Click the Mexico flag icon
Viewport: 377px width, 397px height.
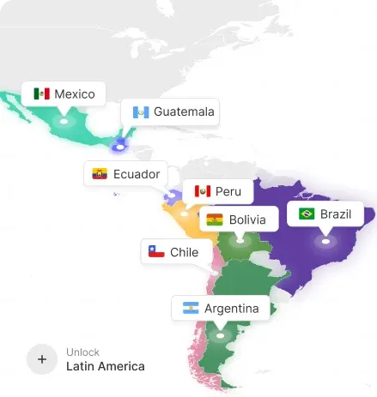41,93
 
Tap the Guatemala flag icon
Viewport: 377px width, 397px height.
140,111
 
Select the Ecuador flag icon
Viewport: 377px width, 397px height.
100,174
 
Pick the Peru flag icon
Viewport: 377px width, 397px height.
203,191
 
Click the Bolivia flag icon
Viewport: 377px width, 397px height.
215,220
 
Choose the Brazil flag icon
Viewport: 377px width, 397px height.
306,214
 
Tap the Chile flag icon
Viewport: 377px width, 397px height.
156,252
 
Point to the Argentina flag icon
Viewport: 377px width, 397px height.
190,309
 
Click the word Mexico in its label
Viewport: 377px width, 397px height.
75,93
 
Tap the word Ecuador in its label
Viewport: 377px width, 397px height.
137,174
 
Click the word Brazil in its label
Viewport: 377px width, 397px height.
336,214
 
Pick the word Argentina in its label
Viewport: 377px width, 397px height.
231,309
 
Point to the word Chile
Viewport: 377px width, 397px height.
184,252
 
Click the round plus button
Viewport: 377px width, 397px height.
41,359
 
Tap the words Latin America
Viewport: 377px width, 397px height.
106,367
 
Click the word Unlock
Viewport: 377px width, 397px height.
82,352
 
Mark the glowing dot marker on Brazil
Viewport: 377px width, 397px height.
325,242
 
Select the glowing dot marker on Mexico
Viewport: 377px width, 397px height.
63,122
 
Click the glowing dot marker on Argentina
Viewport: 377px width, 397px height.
220,335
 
